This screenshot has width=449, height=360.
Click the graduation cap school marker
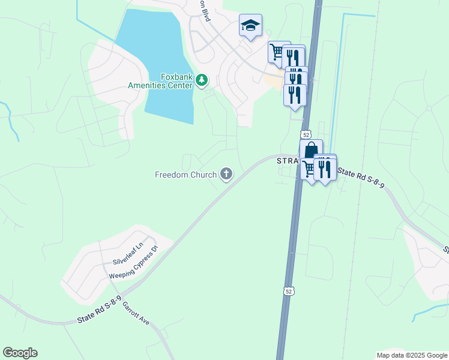(x=250, y=26)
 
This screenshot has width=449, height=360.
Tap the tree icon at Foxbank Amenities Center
(x=202, y=80)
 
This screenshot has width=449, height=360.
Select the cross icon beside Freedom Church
(x=226, y=175)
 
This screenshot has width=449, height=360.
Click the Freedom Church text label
(x=186, y=175)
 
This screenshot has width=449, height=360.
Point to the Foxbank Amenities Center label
(x=160, y=80)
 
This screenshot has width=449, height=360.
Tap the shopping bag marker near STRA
(x=311, y=149)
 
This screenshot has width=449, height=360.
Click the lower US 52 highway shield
(x=289, y=291)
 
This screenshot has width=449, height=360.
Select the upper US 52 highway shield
(x=306, y=133)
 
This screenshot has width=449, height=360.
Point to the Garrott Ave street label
(x=136, y=313)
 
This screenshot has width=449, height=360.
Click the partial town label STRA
(x=288, y=161)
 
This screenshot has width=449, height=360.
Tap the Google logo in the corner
(x=20, y=353)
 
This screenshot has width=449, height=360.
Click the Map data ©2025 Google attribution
(x=411, y=355)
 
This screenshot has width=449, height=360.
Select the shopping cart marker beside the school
(x=277, y=52)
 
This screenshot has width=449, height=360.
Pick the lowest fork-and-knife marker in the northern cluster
(x=294, y=95)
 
